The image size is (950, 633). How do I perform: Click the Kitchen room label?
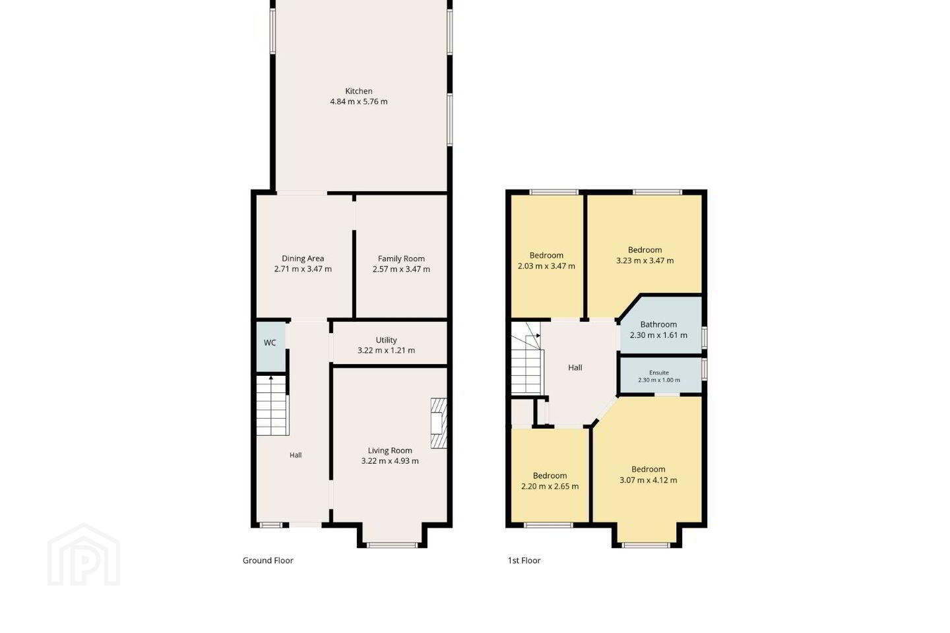(359, 91)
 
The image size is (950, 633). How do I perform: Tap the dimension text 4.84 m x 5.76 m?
(359, 102)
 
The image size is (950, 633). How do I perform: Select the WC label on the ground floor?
(270, 343)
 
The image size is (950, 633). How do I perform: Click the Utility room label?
(387, 340)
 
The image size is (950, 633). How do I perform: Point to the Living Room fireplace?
(439, 423)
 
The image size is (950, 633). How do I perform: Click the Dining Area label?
(303, 258)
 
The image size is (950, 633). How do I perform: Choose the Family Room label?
(401, 258)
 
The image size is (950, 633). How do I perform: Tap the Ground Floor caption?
(268, 560)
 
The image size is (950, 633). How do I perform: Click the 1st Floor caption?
(524, 560)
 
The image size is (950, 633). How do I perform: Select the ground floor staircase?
(272, 406)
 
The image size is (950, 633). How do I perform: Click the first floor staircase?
(527, 358)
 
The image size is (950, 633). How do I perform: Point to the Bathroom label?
(658, 324)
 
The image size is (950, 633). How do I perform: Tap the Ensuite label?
(659, 373)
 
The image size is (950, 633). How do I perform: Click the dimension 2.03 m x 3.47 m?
(546, 266)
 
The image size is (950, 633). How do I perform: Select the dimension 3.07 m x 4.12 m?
(648, 481)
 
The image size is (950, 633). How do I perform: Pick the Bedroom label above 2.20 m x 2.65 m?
(550, 475)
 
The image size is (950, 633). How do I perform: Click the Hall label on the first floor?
(575, 367)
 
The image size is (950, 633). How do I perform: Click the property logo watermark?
(84, 555)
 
